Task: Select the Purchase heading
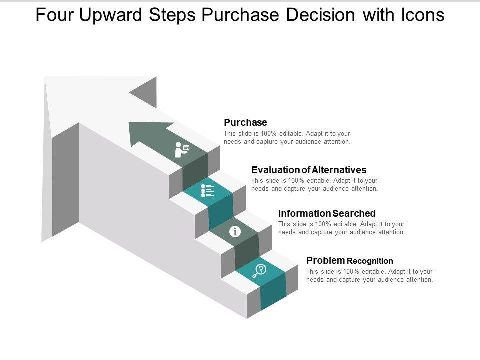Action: tap(245, 122)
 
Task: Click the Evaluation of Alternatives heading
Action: tap(309, 170)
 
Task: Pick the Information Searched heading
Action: tap(327, 213)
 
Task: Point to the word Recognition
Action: tap(370, 261)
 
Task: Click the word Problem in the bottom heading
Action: tap(325, 260)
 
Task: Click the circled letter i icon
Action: tap(235, 231)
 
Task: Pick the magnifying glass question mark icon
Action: tap(260, 270)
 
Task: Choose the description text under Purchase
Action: tap(287, 138)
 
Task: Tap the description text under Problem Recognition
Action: tap(369, 276)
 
